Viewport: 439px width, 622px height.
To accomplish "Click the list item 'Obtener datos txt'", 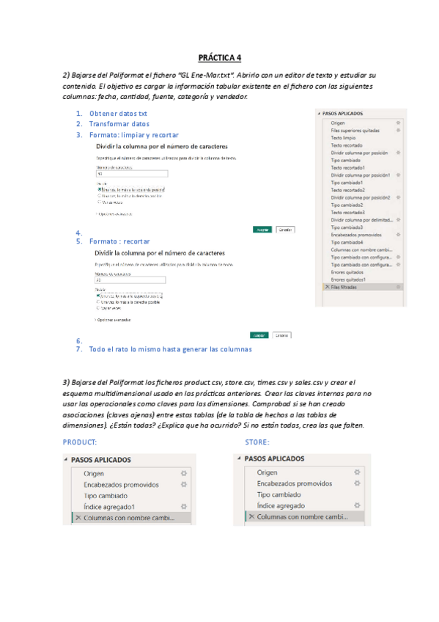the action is (117, 114).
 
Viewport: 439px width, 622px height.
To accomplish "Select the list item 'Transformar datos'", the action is (119, 124).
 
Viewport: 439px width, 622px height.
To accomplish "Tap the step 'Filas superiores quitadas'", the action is (355, 130).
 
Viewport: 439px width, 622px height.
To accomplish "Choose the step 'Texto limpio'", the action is (343, 138).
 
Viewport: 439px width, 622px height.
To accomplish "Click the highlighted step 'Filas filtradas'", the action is (346, 287).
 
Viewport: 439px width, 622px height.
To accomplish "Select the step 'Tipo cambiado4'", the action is (347, 242).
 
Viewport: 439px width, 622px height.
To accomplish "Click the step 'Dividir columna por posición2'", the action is (358, 197).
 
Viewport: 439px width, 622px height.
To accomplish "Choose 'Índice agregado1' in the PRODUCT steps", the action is (109, 507).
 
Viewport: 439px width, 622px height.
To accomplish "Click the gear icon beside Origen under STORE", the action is (357, 472).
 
